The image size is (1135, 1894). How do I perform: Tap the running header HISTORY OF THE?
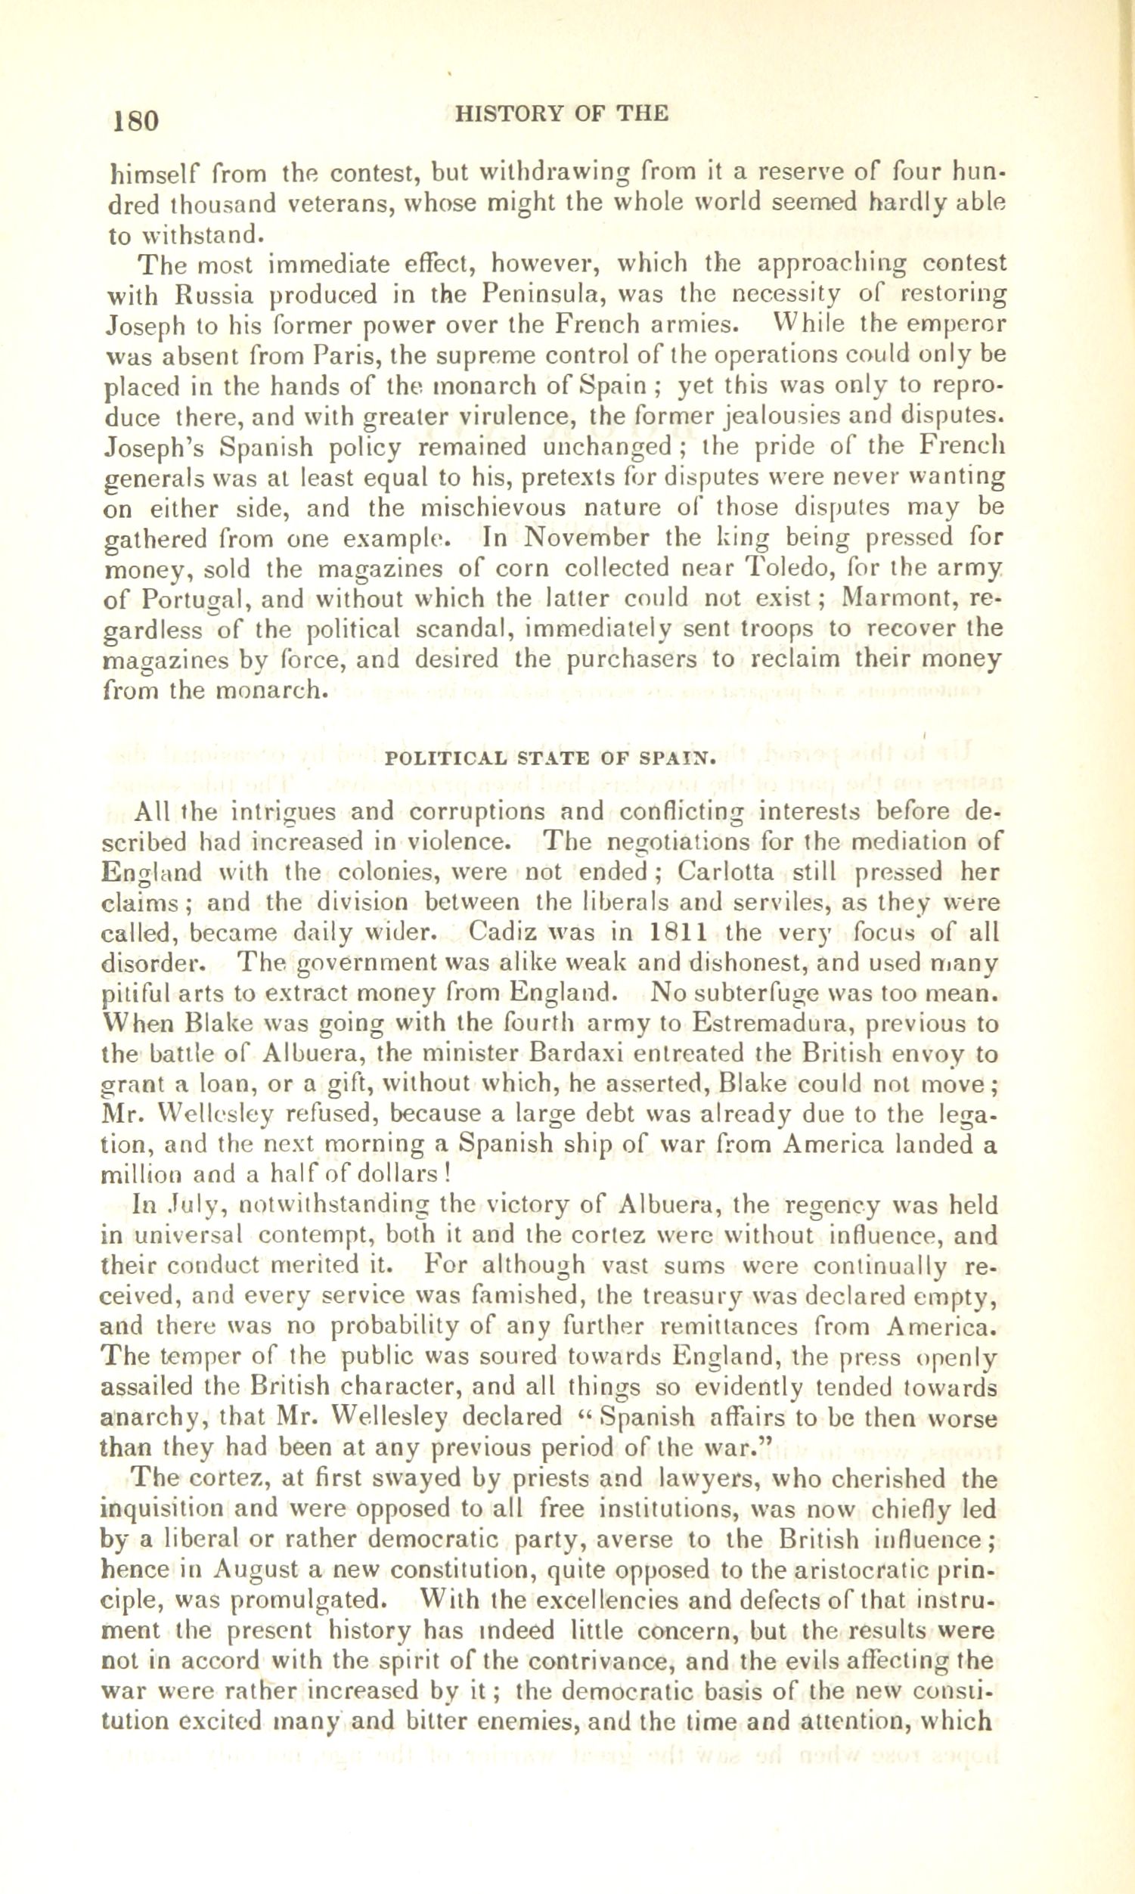561,114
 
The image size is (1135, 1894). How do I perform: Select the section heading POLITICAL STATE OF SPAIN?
551,759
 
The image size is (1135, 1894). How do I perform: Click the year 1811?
677,933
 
